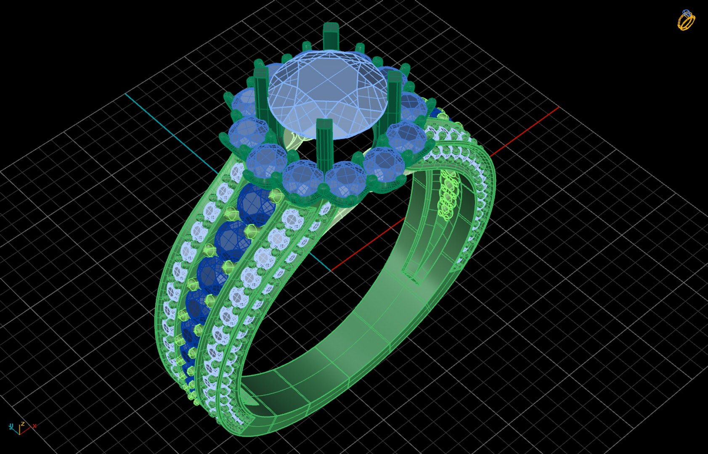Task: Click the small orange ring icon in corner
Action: (x=686, y=20)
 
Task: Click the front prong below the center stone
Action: (x=324, y=143)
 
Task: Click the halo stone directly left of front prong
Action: (x=302, y=177)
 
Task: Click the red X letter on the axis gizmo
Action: (x=34, y=426)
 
